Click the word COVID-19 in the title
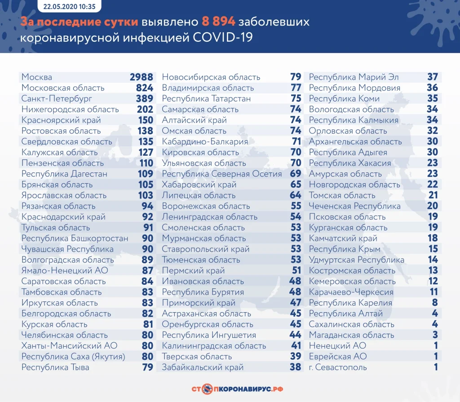click(223, 38)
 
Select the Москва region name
click(37, 77)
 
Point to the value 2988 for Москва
click(142, 77)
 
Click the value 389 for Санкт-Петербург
click(145, 99)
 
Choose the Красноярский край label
click(61, 120)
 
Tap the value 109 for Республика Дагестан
click(145, 174)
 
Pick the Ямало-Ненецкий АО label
click(65, 271)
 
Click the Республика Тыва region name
click(55, 367)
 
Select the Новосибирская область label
click(211, 77)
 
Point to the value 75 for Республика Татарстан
click(296, 99)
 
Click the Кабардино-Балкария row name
click(205, 142)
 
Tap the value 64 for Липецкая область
click(296, 195)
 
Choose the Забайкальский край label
click(203, 367)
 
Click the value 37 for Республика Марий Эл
click(432, 77)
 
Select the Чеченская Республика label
click(355, 206)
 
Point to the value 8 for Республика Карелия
click(435, 303)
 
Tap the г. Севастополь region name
click(338, 367)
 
